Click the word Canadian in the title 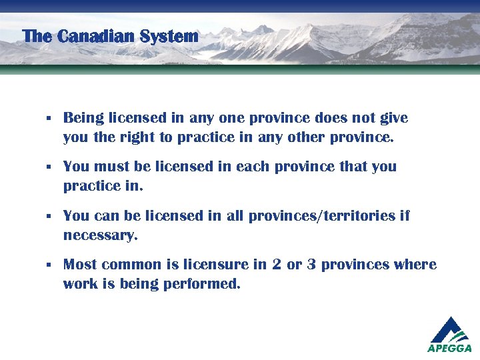pos(97,36)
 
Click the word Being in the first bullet pos(83,119)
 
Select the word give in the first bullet pos(393,119)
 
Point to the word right pos(144,139)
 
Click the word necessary pos(100,236)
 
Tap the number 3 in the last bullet pos(311,265)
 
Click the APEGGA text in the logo pos(449,348)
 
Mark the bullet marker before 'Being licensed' pos(49,119)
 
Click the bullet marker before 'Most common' pos(49,265)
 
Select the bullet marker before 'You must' pos(49,167)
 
